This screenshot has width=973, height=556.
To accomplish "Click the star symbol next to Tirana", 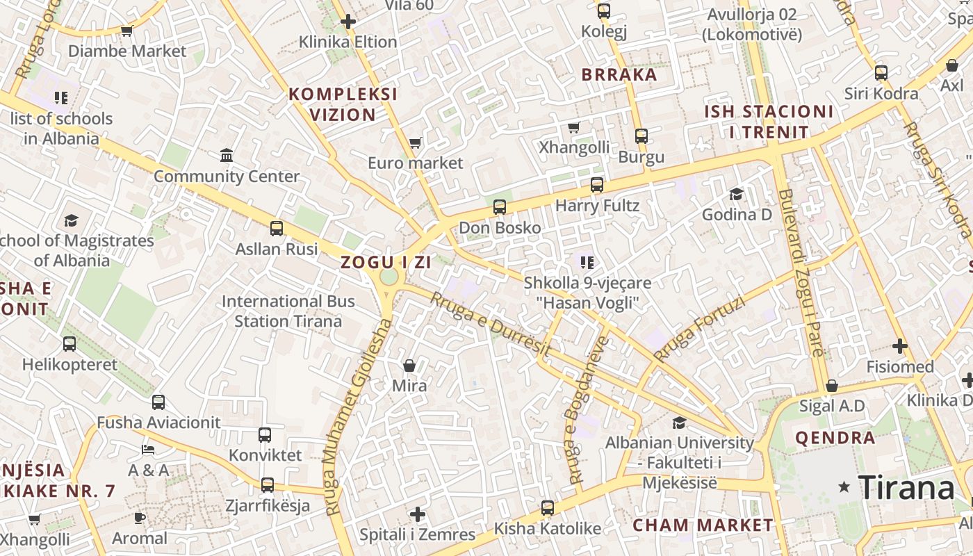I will click(x=844, y=487).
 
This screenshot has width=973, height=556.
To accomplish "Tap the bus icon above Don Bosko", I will click(x=499, y=206).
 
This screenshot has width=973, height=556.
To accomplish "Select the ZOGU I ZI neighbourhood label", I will click(x=386, y=263).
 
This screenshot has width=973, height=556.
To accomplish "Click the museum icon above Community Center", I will click(x=227, y=155).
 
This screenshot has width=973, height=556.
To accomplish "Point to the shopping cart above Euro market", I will click(x=415, y=142).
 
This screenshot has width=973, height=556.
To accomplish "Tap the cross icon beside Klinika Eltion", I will click(x=348, y=22).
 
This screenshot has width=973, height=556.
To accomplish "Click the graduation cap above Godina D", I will click(x=736, y=193).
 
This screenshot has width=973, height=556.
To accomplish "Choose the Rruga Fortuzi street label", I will click(x=699, y=329).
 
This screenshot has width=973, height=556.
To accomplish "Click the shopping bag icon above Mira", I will click(x=409, y=365).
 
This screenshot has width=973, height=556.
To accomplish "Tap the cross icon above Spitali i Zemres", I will click(x=417, y=514).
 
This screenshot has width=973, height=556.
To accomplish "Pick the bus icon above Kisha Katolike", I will click(x=548, y=508).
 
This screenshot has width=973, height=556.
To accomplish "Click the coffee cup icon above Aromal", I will click(x=140, y=518).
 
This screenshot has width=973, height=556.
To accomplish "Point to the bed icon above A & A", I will click(x=148, y=450).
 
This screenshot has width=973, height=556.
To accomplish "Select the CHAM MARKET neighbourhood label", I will click(x=703, y=525).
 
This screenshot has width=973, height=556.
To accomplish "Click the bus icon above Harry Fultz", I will click(x=597, y=185).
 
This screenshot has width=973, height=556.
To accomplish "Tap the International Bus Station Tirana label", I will click(x=288, y=311).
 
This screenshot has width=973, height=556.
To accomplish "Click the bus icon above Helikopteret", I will click(x=69, y=343).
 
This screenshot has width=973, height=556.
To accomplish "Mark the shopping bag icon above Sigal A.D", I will click(x=831, y=385).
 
